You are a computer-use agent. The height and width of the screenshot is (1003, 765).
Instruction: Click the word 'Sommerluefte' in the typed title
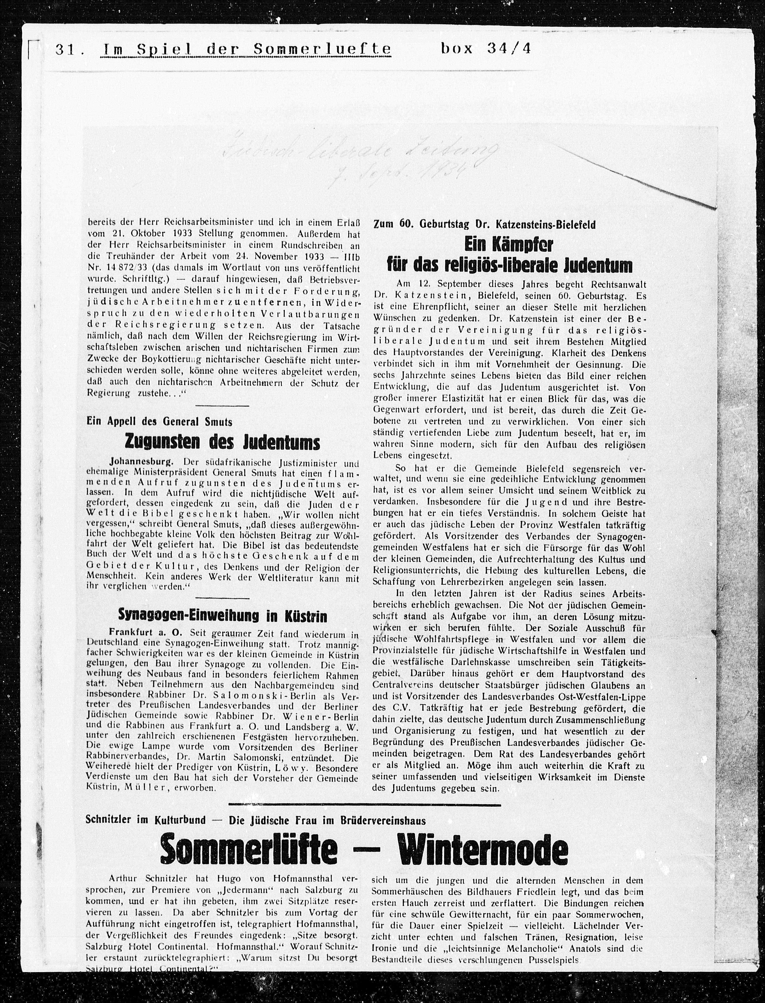click(322, 49)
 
